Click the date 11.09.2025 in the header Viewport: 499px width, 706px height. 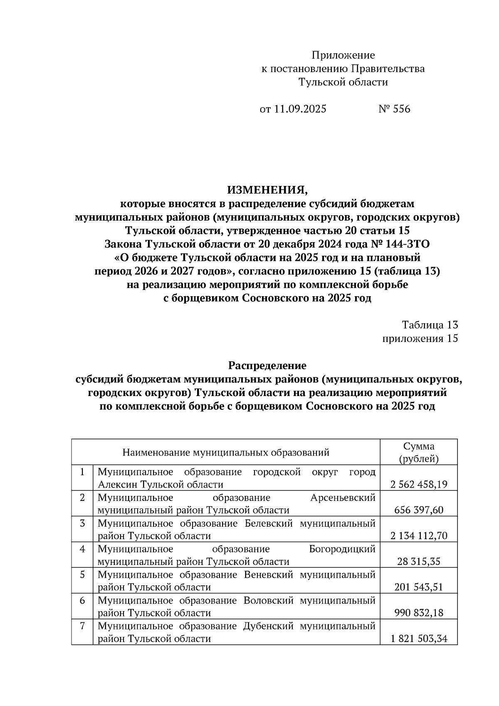coord(300,109)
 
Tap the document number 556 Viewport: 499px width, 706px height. coord(400,109)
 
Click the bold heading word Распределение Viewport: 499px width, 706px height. coord(267,366)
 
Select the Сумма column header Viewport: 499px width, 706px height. coord(418,446)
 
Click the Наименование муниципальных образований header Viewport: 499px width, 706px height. coord(226,452)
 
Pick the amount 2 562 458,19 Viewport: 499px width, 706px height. coord(419,485)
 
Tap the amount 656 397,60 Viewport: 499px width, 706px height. coord(419,510)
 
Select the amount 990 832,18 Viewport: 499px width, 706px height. coord(419,612)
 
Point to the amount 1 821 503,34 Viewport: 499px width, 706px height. coord(419,639)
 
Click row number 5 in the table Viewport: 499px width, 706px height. coord(82,575)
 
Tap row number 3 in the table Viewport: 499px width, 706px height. coord(82,523)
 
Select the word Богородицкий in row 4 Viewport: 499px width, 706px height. coord(342,549)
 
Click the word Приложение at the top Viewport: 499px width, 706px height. coord(343,55)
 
